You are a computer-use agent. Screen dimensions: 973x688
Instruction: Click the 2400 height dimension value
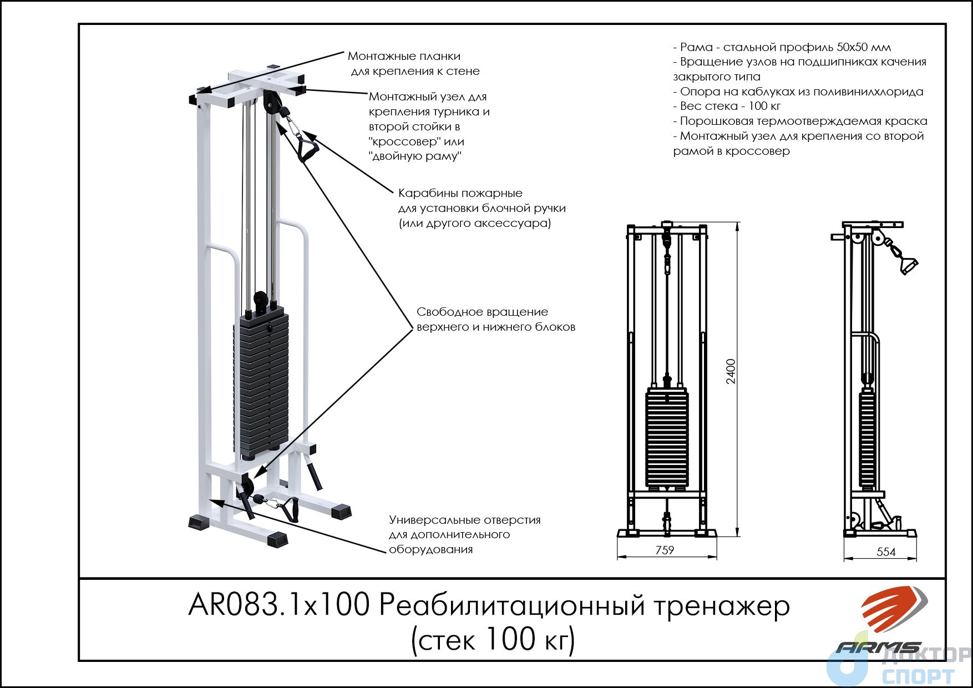point(731,371)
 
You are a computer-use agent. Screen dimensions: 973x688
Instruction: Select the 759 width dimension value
point(665,550)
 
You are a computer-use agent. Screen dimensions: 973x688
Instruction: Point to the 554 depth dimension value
point(886,552)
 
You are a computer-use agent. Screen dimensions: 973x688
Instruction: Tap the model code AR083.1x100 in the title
point(278,605)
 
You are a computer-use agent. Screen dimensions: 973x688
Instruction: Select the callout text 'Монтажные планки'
point(404,56)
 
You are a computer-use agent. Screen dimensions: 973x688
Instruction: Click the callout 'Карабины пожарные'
point(460,193)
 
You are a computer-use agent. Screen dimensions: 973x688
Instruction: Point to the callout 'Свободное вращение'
point(482,312)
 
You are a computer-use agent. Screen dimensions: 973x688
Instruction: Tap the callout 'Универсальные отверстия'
point(465,520)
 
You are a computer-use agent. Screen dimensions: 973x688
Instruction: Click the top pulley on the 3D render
point(272,102)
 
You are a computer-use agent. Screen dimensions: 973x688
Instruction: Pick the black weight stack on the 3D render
point(261,382)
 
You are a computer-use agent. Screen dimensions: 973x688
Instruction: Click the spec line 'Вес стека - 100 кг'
point(727,106)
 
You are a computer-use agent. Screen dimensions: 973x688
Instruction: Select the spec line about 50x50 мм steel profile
point(782,47)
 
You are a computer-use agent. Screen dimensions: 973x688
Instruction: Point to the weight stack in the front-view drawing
point(667,438)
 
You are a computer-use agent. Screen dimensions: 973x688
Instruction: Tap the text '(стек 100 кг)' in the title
point(493,640)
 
